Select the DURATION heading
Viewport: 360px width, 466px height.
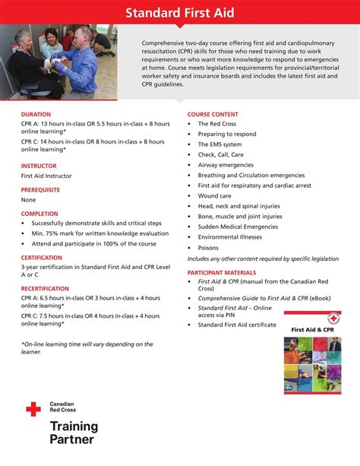(x=36, y=114)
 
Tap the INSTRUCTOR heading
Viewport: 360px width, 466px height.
(x=39, y=165)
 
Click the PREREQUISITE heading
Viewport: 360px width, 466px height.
(x=40, y=189)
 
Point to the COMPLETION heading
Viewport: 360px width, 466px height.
(x=39, y=214)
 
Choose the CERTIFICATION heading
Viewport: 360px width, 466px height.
(x=42, y=258)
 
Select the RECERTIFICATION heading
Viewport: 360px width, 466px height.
(x=46, y=290)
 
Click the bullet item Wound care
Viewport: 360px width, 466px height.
(x=214, y=195)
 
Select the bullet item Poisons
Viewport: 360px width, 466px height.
(x=208, y=248)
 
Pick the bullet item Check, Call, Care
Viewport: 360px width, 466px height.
(x=220, y=154)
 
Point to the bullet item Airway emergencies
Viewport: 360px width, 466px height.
(x=226, y=164)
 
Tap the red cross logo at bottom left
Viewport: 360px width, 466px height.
(x=33, y=410)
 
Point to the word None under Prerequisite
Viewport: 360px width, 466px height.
(x=28, y=200)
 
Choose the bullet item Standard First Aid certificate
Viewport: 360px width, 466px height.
(x=237, y=325)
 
